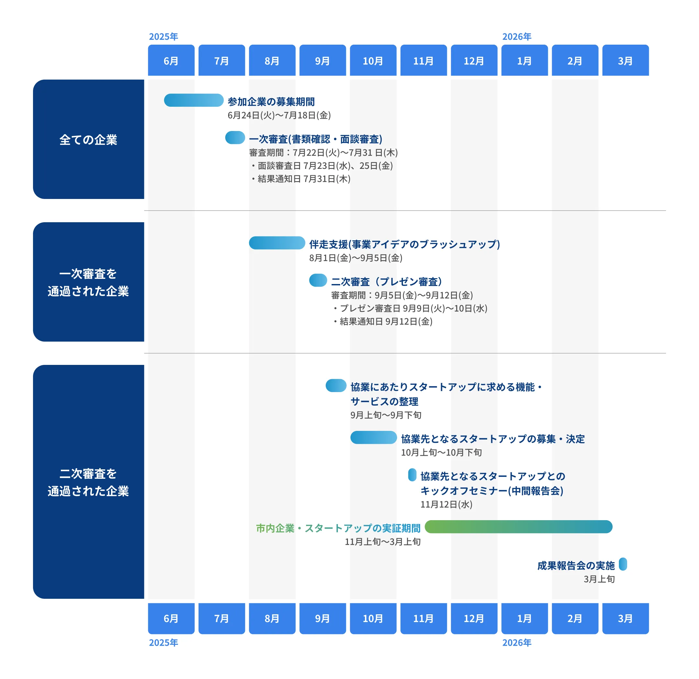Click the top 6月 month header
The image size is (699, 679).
171,60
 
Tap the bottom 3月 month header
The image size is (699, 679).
625,619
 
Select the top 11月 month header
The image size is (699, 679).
423,60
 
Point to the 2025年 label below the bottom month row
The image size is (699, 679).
163,643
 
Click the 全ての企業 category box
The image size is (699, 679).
88,139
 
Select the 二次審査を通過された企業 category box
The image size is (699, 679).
88,482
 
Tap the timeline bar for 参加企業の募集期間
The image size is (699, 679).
194,100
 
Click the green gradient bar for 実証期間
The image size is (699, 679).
518,527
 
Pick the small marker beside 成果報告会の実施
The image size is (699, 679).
623,564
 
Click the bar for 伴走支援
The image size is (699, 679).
277,243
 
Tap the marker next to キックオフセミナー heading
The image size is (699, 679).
412,475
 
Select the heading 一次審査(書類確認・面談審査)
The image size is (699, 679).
316,139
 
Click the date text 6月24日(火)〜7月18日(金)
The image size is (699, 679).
279,115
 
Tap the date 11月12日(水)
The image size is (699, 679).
446,504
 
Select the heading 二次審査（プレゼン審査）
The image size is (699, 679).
387,282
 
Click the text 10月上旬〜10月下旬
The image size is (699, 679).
441,453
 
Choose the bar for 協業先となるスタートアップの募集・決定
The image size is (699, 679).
373,438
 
